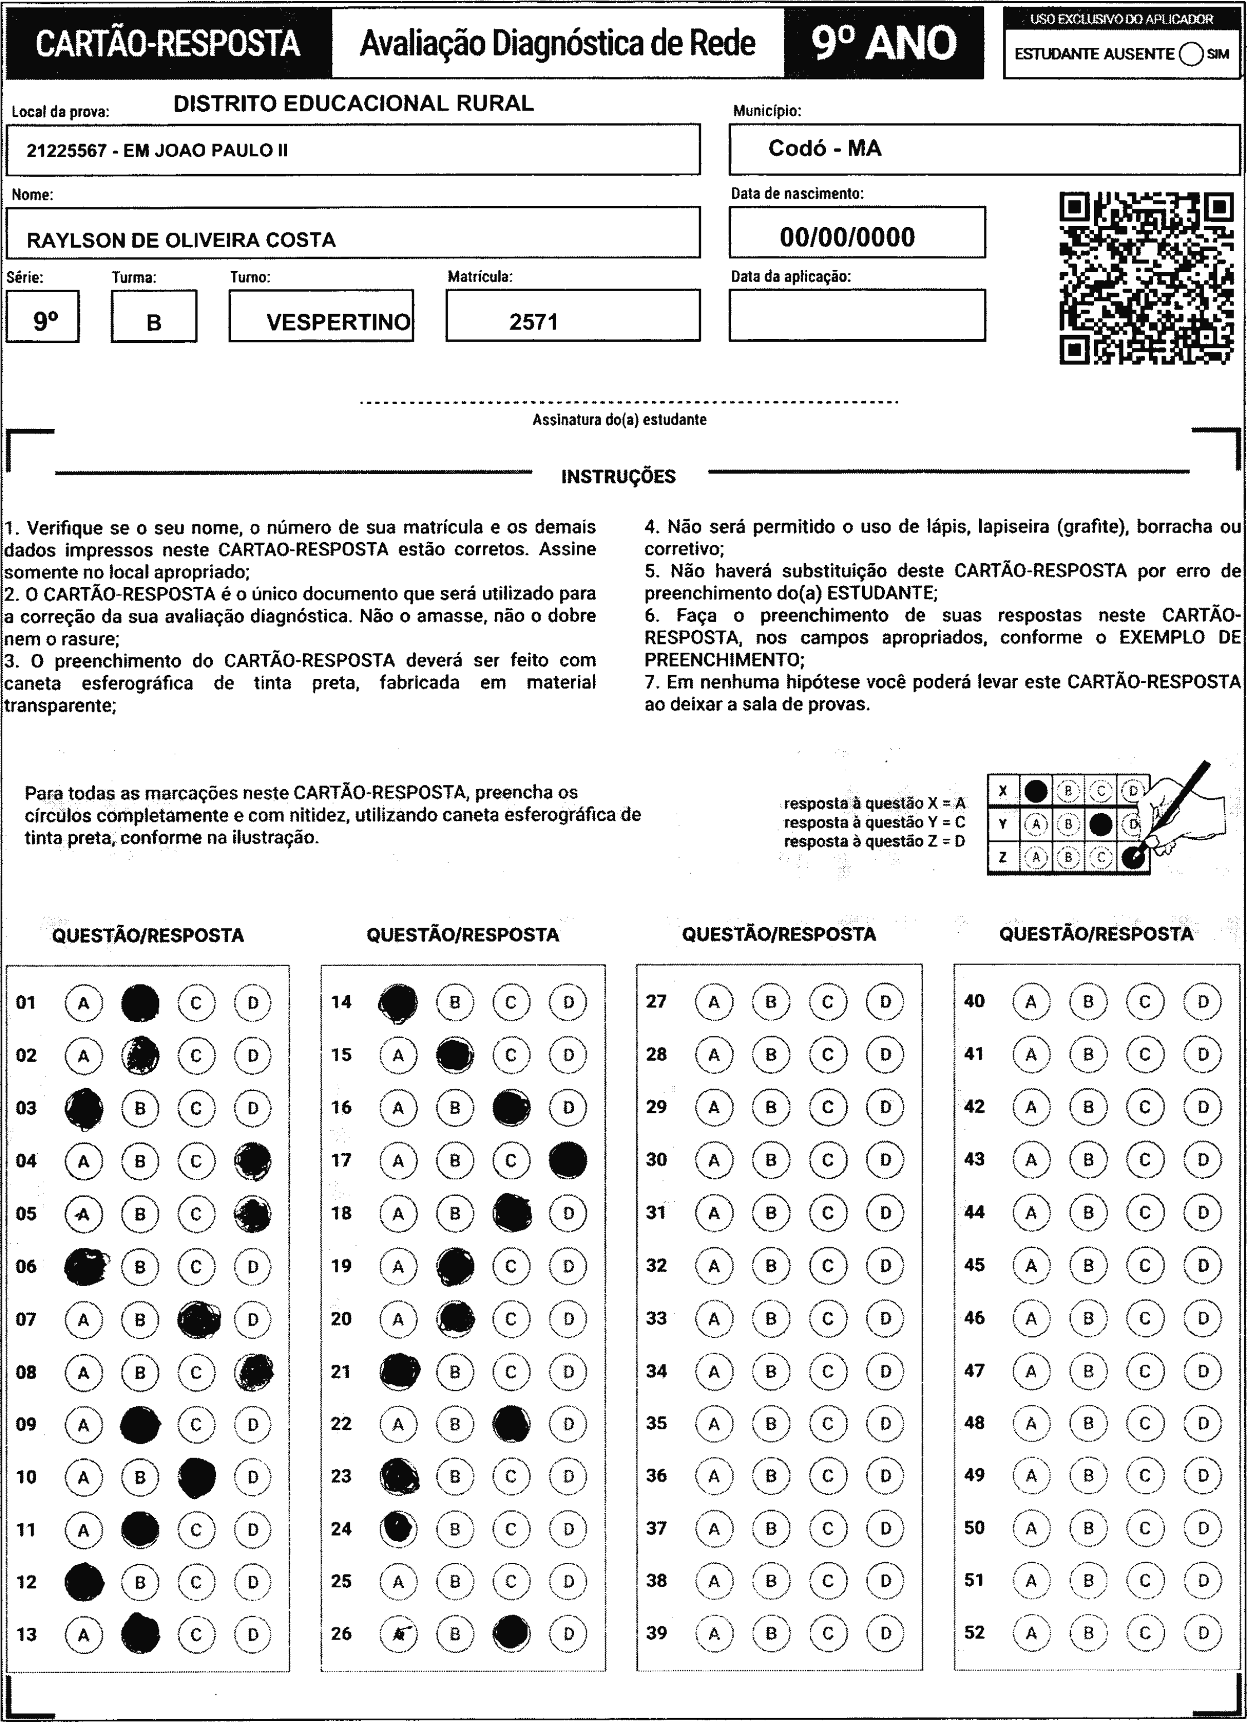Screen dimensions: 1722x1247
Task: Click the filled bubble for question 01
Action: pyautogui.click(x=140, y=1002)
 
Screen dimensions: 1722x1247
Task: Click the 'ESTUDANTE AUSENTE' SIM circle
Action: pyautogui.click(x=1191, y=54)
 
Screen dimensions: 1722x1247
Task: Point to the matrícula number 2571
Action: pyautogui.click(x=533, y=322)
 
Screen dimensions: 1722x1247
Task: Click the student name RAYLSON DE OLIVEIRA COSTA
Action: pyautogui.click(x=181, y=240)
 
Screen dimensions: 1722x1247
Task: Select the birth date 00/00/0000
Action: pyautogui.click(x=847, y=237)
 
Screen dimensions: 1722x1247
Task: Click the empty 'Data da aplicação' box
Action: pyautogui.click(x=857, y=315)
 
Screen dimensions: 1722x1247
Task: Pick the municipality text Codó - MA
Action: pyautogui.click(x=824, y=148)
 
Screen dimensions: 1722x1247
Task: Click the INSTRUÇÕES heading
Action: pyautogui.click(x=618, y=477)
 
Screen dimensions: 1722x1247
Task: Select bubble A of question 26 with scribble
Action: pyautogui.click(x=398, y=1634)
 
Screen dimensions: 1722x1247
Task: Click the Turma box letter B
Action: pyautogui.click(x=154, y=323)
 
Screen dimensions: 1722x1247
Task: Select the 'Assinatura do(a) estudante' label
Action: pyautogui.click(x=618, y=420)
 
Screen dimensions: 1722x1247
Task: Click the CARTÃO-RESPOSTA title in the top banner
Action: pyautogui.click(x=168, y=43)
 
